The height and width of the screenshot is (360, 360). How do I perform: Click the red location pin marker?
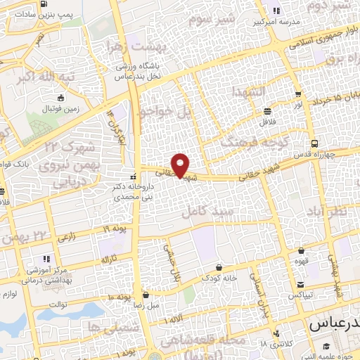tap(181, 165)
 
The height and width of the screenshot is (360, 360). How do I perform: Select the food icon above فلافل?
tap(268, 111)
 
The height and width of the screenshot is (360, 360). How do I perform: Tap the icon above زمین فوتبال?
tap(61, 98)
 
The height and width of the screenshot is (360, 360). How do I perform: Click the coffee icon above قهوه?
tap(301, 250)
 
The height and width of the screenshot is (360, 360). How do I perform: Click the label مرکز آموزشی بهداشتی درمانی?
tap(46, 274)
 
